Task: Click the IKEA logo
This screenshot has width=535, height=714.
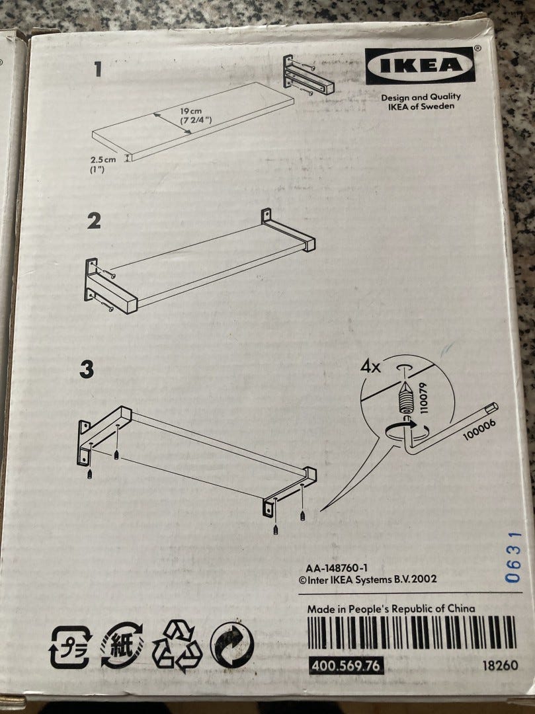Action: (x=420, y=65)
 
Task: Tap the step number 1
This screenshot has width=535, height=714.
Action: (x=97, y=69)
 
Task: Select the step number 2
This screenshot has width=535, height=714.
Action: (x=94, y=221)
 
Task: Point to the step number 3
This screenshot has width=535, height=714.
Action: (x=87, y=370)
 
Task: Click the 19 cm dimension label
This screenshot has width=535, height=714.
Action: (x=190, y=111)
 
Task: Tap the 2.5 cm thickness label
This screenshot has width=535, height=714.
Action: (x=103, y=160)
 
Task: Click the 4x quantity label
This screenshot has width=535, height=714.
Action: (x=370, y=366)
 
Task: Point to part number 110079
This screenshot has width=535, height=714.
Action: (x=423, y=398)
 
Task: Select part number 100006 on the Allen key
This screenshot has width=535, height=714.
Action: (x=479, y=430)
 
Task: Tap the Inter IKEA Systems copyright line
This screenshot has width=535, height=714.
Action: (x=368, y=580)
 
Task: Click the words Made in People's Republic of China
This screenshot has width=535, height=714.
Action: (x=391, y=609)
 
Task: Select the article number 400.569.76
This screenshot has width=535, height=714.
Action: (x=346, y=666)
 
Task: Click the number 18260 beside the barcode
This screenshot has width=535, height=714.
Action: (x=501, y=665)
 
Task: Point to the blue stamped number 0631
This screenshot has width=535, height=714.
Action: (x=513, y=557)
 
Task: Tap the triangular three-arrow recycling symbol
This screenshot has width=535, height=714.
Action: (x=177, y=647)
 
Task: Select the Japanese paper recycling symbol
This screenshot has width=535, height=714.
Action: (x=122, y=646)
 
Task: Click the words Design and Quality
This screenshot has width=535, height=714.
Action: (x=421, y=97)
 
